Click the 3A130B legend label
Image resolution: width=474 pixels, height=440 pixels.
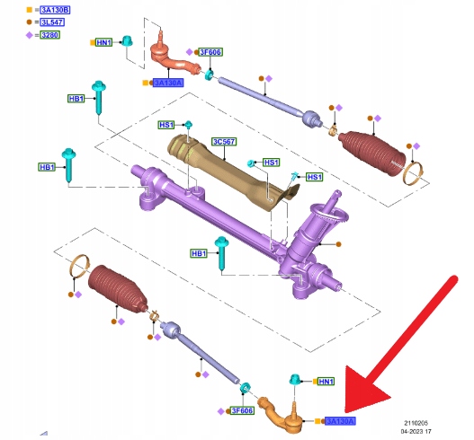pos(55,10)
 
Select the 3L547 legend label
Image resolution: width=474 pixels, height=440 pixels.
pos(52,22)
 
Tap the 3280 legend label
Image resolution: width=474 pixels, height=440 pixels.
pos(49,35)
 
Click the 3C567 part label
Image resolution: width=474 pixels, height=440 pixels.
pos(224,142)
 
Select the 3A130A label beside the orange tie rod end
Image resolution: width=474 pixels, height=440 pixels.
pos(340,421)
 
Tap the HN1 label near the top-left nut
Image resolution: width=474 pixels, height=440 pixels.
pos(103,42)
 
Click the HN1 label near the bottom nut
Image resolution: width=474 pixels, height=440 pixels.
pos(326,382)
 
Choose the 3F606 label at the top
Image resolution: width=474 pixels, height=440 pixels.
pos(210,52)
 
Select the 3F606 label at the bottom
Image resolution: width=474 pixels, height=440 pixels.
pos(242,410)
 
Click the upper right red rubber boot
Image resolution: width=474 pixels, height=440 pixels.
pos(371,153)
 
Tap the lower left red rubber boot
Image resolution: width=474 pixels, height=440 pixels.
pos(118,289)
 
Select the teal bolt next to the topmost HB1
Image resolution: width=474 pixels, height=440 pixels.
pos(99,97)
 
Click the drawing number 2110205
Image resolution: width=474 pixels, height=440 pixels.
pos(416,423)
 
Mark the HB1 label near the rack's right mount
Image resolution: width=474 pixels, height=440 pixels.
pos(199,253)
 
